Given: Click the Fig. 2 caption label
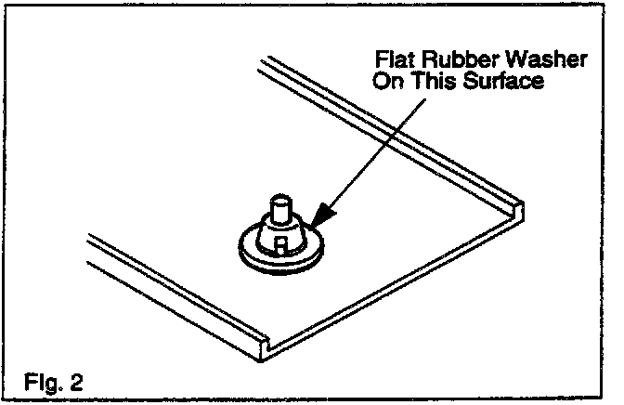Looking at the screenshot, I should coord(57,381).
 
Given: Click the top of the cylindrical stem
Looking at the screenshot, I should coord(279,200).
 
